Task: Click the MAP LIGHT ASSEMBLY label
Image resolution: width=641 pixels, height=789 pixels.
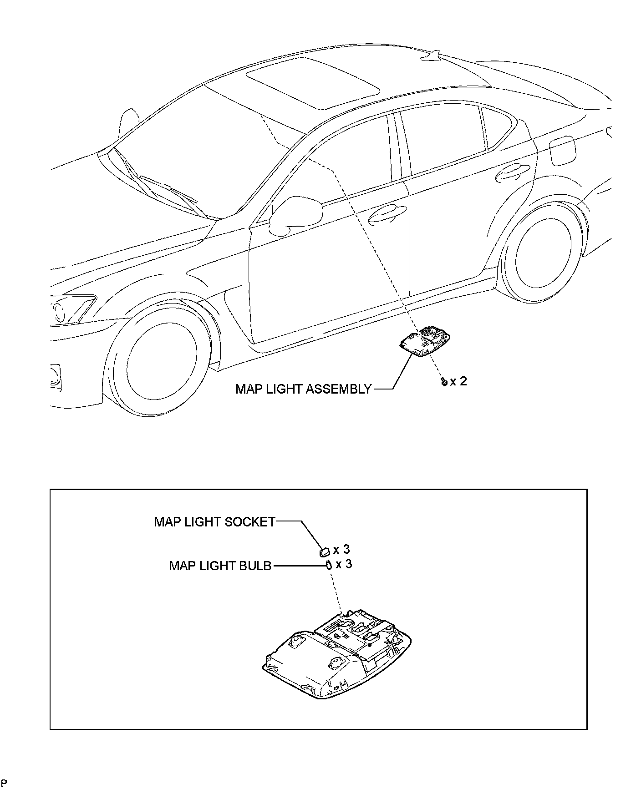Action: (x=304, y=389)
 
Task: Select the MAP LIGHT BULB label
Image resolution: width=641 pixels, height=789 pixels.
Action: (x=220, y=566)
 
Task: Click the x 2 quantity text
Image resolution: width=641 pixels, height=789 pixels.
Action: (x=458, y=381)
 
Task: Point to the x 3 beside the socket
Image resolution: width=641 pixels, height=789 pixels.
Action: (x=341, y=550)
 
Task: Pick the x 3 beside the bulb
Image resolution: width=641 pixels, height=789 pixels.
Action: (x=344, y=564)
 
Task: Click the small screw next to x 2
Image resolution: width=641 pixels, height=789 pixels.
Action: (x=443, y=382)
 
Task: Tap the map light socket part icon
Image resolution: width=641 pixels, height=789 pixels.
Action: (x=324, y=552)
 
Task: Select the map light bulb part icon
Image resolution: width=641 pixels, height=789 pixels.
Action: (x=327, y=566)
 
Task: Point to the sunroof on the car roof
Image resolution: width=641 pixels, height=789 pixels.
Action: (x=313, y=83)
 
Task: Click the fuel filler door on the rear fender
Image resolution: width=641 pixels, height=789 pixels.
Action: (x=563, y=151)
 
